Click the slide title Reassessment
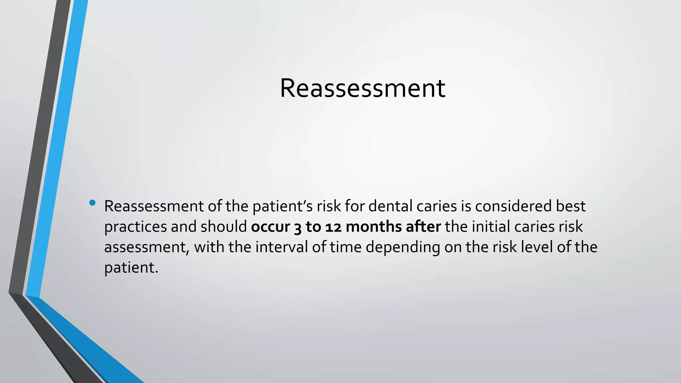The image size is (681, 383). (x=362, y=88)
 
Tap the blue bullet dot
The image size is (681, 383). (x=92, y=202)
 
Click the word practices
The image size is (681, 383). (x=136, y=227)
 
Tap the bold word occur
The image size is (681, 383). (x=270, y=227)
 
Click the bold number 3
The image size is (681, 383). (x=298, y=227)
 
